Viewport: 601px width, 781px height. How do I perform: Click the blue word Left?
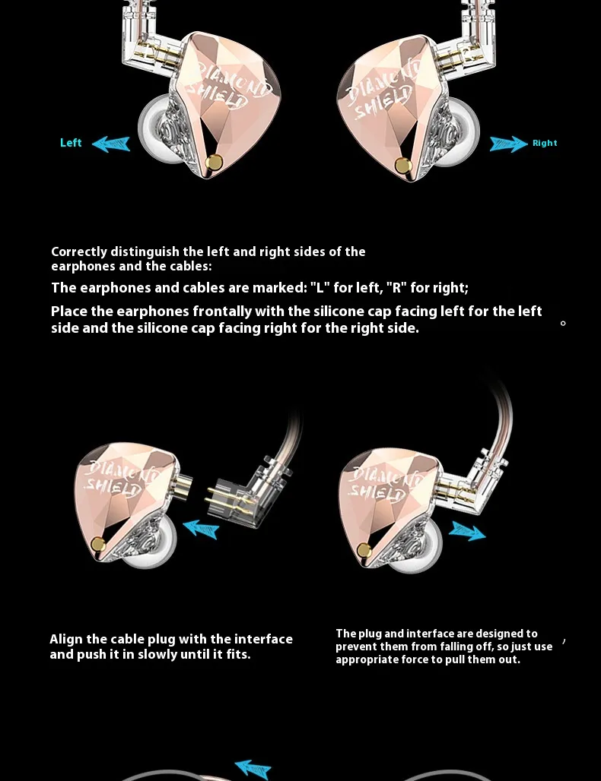point(71,143)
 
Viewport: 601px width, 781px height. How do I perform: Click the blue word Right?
point(545,143)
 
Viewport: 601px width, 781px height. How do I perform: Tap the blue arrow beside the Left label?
point(111,144)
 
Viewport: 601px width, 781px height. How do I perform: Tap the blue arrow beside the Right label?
point(508,144)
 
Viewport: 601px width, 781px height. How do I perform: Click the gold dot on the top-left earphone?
point(215,162)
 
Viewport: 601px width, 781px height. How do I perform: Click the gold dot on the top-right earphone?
point(403,166)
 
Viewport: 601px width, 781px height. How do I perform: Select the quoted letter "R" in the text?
point(394,288)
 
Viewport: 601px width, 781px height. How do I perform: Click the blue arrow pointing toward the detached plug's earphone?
point(201,527)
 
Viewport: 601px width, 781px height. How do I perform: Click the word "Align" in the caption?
point(66,639)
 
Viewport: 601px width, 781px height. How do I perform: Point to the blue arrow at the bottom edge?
point(253,770)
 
